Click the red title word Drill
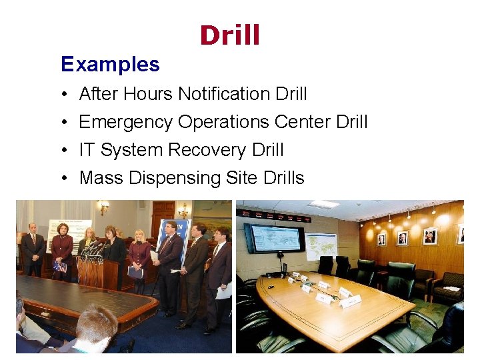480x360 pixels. click(229, 36)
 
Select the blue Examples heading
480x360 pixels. click(110, 64)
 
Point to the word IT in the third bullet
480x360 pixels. click(87, 150)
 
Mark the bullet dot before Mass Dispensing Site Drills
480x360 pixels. click(62, 179)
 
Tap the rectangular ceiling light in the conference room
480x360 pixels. click(325, 204)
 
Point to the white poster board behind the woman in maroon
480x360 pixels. click(73, 230)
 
